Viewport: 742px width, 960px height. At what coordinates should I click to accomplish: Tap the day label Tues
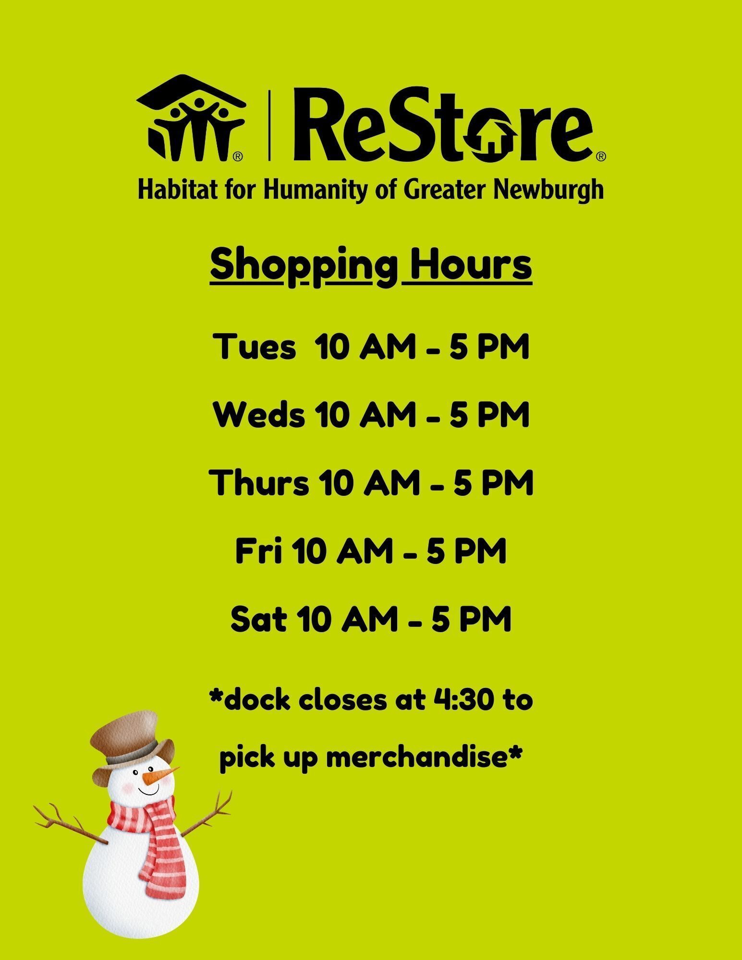[x=255, y=347]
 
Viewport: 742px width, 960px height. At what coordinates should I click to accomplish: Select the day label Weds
[x=259, y=415]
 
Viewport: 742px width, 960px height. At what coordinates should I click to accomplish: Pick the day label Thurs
[x=259, y=483]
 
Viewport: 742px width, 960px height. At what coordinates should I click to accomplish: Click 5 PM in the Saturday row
[x=471, y=619]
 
